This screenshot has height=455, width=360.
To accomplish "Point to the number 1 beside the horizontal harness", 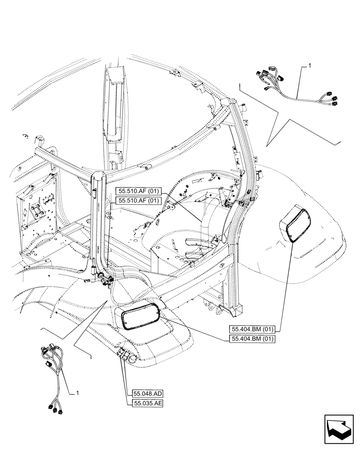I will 309,66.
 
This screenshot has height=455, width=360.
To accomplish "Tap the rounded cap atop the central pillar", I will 99,175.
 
